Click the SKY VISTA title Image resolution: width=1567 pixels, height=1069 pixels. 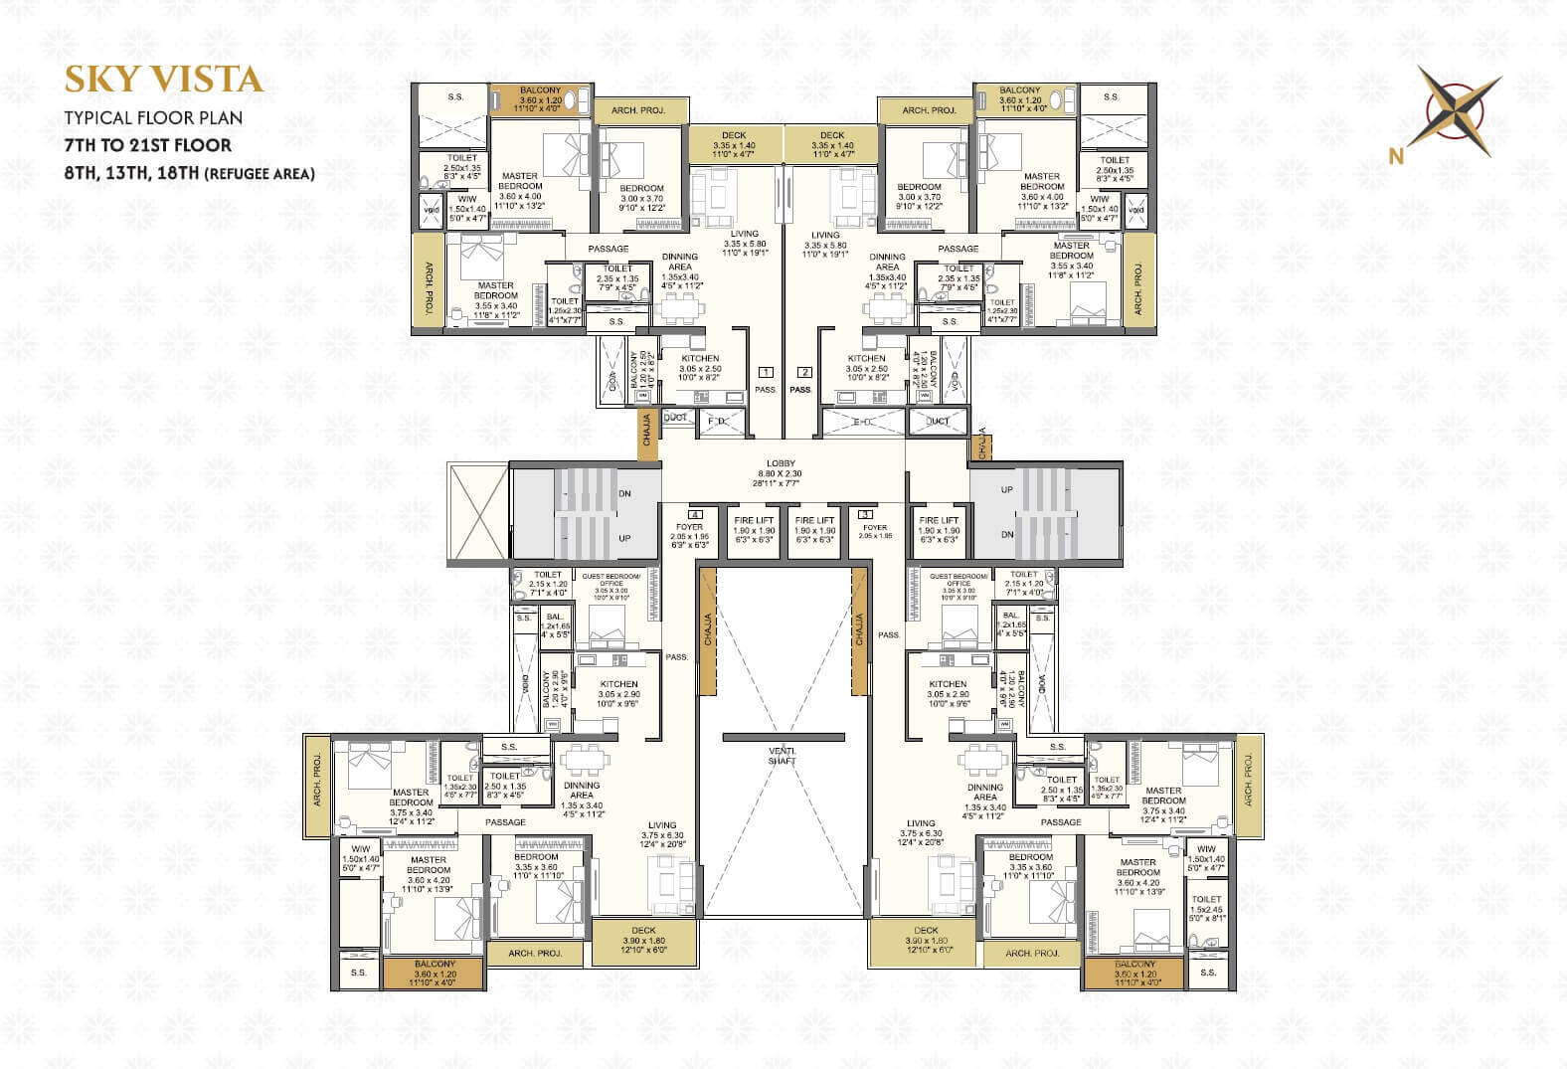(163, 80)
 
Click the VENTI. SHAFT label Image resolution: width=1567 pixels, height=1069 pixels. (782, 755)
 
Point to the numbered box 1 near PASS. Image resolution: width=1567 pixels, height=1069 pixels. (766, 372)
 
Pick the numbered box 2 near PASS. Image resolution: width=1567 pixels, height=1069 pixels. (804, 372)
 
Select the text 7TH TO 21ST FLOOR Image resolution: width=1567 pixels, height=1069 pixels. (148, 145)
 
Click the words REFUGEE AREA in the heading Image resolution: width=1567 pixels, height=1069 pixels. (260, 174)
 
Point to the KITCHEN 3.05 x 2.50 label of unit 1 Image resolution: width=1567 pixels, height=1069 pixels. (700, 368)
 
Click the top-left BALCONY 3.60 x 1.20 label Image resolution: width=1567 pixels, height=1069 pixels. (539, 99)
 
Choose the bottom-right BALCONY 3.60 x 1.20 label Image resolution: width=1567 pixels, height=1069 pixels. (1134, 974)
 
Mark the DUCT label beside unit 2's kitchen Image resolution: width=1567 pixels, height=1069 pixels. (937, 421)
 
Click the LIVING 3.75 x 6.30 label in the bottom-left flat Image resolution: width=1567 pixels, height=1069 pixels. (662, 833)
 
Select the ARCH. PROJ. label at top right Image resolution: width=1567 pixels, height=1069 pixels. (929, 110)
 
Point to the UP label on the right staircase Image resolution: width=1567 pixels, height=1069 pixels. (1007, 489)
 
